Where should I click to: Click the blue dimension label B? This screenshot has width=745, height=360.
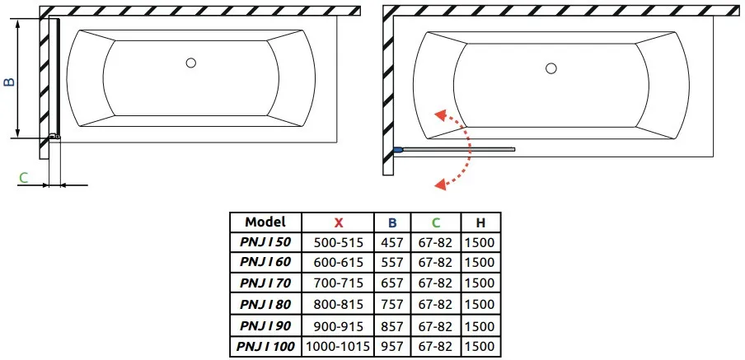click(x=10, y=82)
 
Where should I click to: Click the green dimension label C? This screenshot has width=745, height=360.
click(x=23, y=178)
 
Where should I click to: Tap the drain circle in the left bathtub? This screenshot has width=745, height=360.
click(x=191, y=63)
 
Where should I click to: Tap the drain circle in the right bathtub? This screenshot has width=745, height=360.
click(x=551, y=68)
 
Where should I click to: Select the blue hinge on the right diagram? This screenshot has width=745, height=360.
click(x=398, y=150)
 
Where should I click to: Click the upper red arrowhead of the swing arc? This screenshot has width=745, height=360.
click(x=443, y=116)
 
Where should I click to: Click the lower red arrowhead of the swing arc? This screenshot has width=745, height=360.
click(x=442, y=184)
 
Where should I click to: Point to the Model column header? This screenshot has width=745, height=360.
click(x=265, y=222)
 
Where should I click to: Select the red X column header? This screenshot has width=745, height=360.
click(x=338, y=222)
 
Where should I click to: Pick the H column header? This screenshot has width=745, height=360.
click(x=480, y=222)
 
